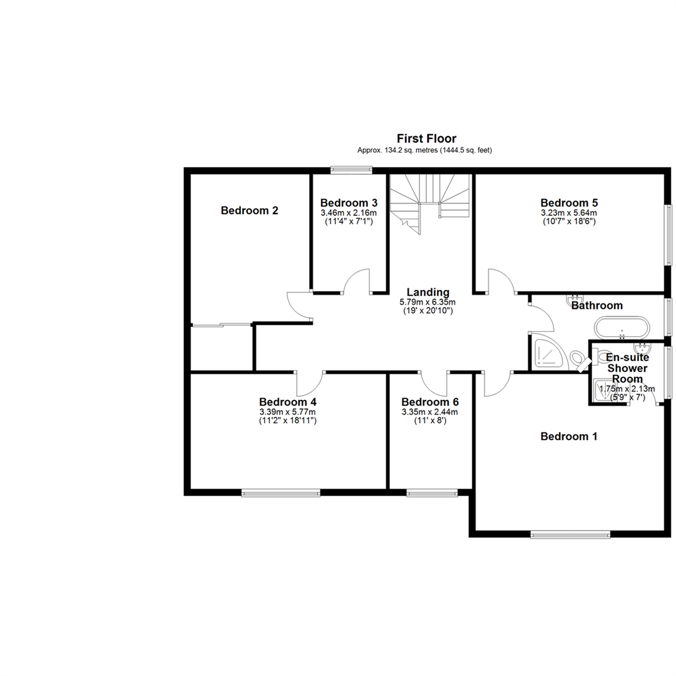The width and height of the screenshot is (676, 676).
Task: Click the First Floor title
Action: pyautogui.click(x=426, y=138)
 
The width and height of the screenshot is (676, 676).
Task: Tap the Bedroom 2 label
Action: pyautogui.click(x=250, y=210)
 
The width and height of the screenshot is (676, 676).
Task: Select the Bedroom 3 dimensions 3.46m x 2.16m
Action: pyautogui.click(x=349, y=213)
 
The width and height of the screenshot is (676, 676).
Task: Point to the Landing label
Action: pyautogui.click(x=428, y=292)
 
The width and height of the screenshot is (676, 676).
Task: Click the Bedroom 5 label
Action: pyautogui.click(x=569, y=203)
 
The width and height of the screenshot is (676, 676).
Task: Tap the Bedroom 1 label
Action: pyautogui.click(x=569, y=436)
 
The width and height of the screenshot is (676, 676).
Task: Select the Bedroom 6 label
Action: pyautogui.click(x=430, y=402)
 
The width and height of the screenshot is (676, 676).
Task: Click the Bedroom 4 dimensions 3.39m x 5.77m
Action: pyautogui.click(x=287, y=412)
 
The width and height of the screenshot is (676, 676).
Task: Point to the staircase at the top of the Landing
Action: pyautogui.click(x=430, y=203)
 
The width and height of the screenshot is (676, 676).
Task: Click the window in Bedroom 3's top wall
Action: pyautogui.click(x=351, y=170)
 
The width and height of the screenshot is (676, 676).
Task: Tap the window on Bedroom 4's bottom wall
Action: pyautogui.click(x=280, y=493)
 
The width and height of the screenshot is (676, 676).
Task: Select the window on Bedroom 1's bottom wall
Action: pyautogui.click(x=570, y=535)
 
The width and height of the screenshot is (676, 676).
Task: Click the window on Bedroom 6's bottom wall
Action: pyautogui.click(x=432, y=493)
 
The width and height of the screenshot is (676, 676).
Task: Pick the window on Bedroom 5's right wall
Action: pyautogui.click(x=668, y=235)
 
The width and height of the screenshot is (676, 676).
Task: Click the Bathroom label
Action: pyautogui.click(x=597, y=305)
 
